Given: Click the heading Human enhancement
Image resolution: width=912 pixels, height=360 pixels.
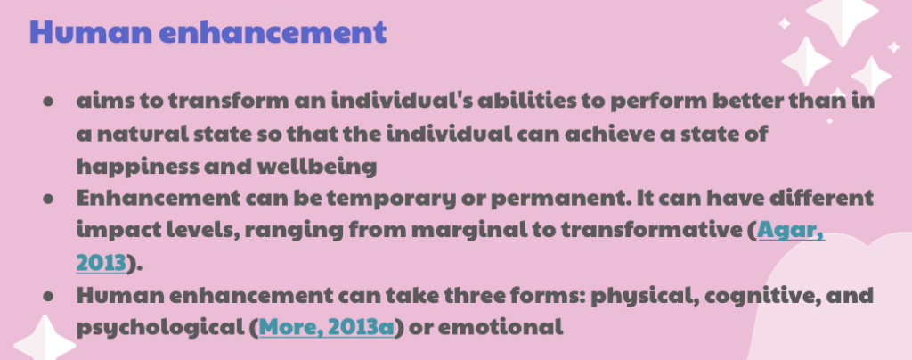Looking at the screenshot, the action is click(x=208, y=32).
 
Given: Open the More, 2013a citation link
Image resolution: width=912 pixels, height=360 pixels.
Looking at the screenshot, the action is click(x=326, y=327).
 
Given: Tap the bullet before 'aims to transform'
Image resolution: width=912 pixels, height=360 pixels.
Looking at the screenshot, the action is click(x=49, y=102).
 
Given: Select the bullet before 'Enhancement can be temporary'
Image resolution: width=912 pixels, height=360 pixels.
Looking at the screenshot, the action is click(x=49, y=199).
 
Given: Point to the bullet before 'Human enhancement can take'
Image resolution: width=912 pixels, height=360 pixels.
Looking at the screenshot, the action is click(x=49, y=296).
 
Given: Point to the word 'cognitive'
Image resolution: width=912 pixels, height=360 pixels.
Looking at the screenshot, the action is click(x=756, y=297).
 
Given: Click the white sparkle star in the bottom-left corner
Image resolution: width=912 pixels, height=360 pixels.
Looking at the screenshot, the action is click(x=45, y=340).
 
